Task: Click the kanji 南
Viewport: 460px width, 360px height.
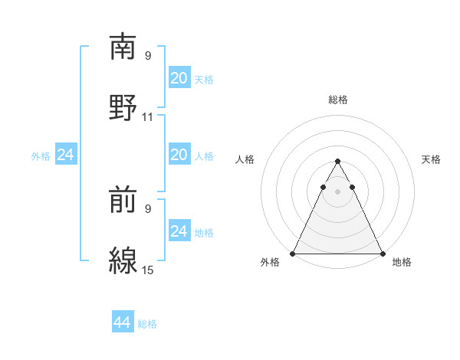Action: tap(123, 47)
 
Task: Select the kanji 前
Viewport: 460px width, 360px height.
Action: tap(123, 200)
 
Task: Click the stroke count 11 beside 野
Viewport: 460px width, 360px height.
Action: tap(148, 117)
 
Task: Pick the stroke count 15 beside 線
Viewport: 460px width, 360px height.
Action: tap(148, 270)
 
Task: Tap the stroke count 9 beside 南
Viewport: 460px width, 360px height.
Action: tap(148, 55)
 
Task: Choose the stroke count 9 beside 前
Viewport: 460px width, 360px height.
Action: tap(148, 208)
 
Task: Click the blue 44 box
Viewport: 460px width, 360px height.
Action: tap(123, 322)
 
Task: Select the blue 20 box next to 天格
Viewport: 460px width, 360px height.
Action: tap(179, 77)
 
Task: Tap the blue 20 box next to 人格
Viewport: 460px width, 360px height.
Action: tap(179, 155)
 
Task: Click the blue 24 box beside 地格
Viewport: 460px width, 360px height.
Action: tap(179, 231)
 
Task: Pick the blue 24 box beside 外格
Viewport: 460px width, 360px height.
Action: tap(65, 155)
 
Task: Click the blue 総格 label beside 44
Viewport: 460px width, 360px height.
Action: tap(147, 324)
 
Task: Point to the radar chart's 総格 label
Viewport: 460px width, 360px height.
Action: tap(337, 100)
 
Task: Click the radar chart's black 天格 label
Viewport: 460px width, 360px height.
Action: tap(432, 159)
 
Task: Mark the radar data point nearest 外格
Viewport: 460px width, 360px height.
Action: tap(293, 253)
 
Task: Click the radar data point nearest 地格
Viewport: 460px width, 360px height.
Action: tap(382, 253)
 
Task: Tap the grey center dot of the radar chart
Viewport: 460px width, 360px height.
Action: tap(337, 191)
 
